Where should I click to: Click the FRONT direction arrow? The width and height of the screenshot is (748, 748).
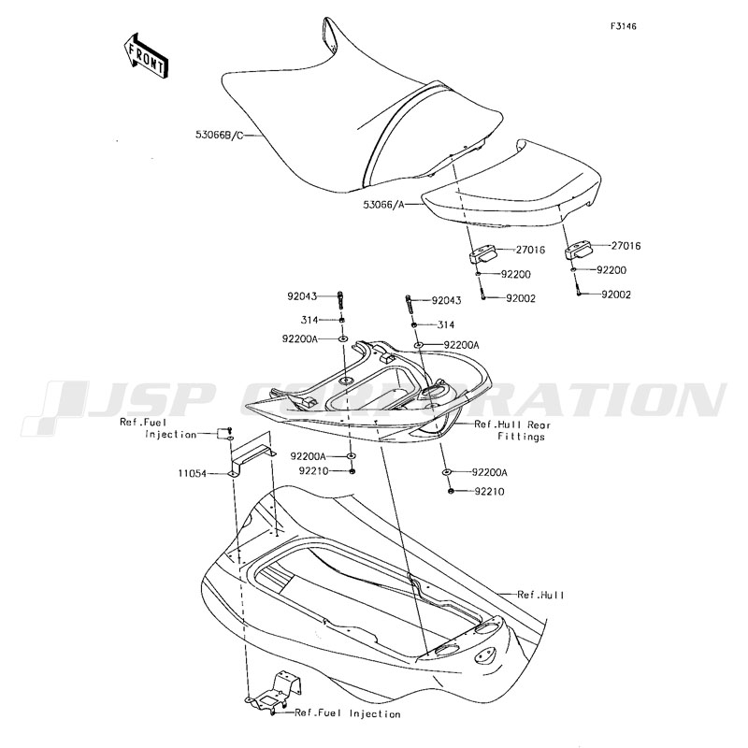click(145, 56)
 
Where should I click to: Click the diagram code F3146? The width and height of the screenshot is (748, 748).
click(623, 26)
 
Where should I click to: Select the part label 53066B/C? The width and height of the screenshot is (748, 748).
click(220, 135)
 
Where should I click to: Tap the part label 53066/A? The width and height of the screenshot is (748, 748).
click(383, 205)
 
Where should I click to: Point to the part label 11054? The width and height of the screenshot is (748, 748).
click(193, 474)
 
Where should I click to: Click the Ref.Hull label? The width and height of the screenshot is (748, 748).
click(540, 595)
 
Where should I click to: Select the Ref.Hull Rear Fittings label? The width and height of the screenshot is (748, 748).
click(512, 430)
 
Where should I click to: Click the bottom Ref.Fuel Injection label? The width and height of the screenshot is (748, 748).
click(347, 714)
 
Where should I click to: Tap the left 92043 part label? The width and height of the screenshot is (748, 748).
click(302, 296)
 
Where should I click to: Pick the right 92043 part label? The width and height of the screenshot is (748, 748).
click(447, 300)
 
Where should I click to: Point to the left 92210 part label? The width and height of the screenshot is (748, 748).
click(314, 471)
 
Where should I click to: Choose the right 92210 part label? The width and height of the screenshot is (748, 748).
click(489, 492)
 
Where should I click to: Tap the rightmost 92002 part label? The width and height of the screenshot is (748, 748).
click(616, 295)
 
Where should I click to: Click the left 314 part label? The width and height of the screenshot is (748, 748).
click(309, 320)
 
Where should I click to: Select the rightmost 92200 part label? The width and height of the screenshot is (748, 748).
click(611, 270)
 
